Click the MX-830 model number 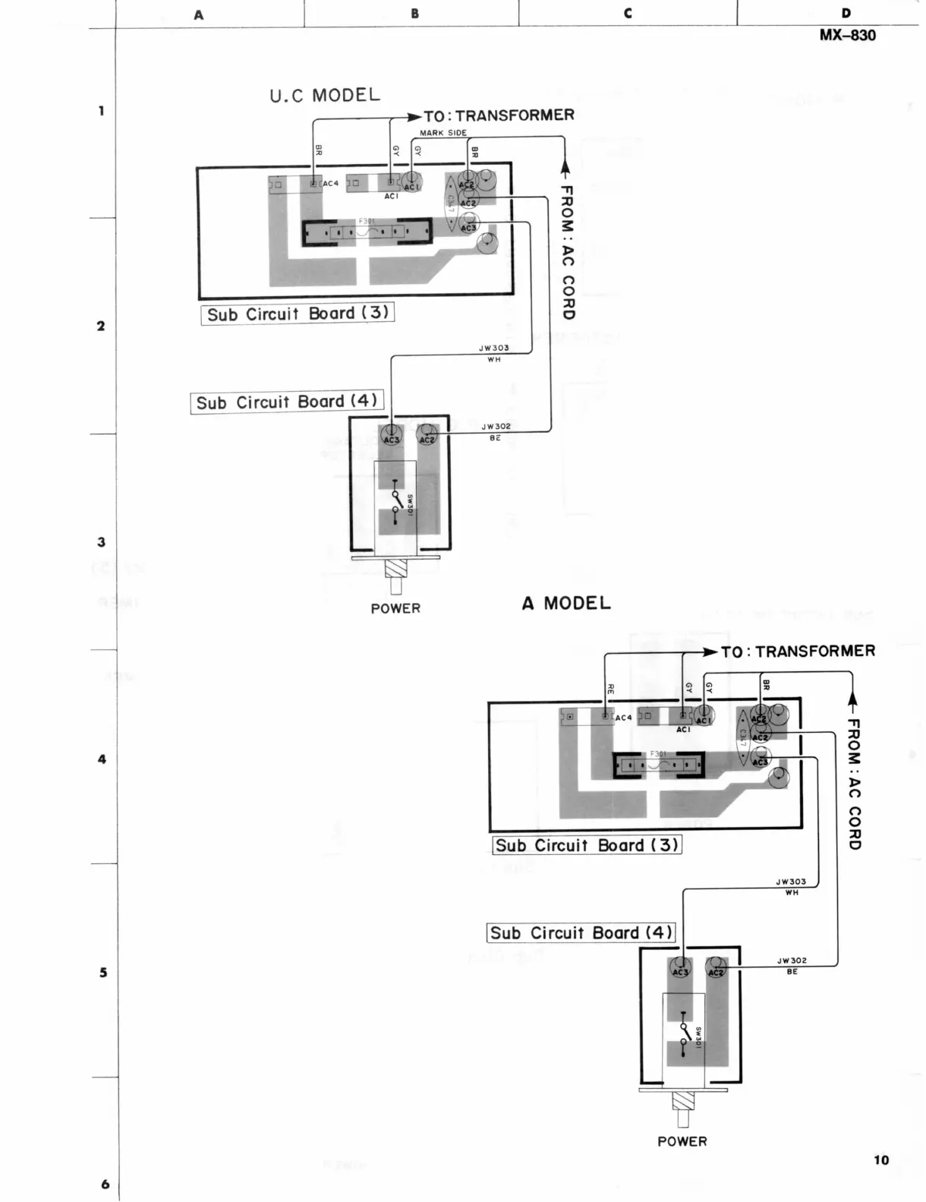pyautogui.click(x=847, y=36)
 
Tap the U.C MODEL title pyautogui.click(x=324, y=96)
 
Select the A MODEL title pyautogui.click(x=566, y=604)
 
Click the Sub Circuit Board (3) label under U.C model pyautogui.click(x=298, y=314)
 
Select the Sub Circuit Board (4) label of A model pyautogui.click(x=581, y=932)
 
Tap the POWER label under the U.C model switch pyautogui.click(x=395, y=608)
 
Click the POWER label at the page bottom pyautogui.click(x=682, y=1141)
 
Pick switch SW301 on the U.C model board pyautogui.click(x=395, y=501)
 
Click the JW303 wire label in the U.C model pyautogui.click(x=494, y=349)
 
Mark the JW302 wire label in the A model pyautogui.click(x=792, y=961)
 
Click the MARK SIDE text pyautogui.click(x=443, y=133)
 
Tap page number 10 pyautogui.click(x=880, y=1159)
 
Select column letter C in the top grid pyautogui.click(x=628, y=14)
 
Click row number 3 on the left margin pyautogui.click(x=102, y=542)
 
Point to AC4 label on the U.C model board pyautogui.click(x=330, y=184)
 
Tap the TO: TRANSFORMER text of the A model pyautogui.click(x=798, y=651)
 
